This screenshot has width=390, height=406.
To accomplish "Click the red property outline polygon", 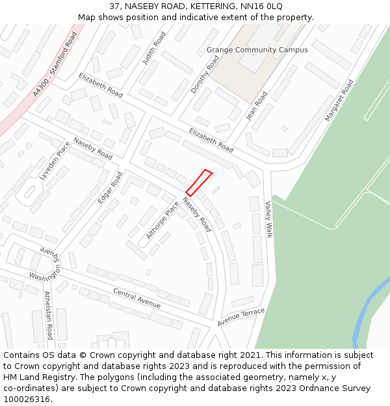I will (x=199, y=183).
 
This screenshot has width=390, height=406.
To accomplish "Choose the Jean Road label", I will (x=256, y=105).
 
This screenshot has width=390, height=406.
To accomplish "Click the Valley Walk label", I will (x=268, y=219).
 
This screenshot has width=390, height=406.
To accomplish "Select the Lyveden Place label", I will (x=54, y=160).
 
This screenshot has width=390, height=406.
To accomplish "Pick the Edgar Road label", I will (x=109, y=188).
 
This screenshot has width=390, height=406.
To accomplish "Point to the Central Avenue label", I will (x=136, y=298).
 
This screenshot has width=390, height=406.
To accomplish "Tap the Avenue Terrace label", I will (x=241, y=317).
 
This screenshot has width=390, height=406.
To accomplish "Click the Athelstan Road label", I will (x=47, y=315).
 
